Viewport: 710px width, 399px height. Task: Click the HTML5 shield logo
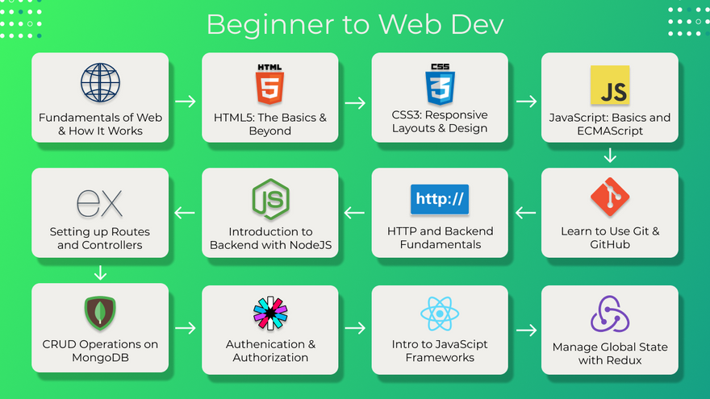[269, 84]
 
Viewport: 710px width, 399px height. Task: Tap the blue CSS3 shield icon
[440, 84]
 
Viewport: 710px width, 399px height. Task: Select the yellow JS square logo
[610, 85]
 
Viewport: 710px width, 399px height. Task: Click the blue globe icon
[100, 83]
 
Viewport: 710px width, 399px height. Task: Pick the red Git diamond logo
[610, 197]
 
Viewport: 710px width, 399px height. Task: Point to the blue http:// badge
[440, 199]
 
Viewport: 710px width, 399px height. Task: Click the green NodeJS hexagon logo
[270, 199]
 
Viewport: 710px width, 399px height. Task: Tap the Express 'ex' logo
[99, 203]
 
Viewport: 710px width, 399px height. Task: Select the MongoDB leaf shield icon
[100, 313]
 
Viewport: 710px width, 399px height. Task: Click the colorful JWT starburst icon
[270, 313]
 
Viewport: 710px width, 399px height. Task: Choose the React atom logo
[440, 314]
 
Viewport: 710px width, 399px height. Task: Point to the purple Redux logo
[610, 314]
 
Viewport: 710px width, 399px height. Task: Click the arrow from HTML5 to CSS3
[355, 102]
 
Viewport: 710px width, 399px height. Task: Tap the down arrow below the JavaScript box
[610, 155]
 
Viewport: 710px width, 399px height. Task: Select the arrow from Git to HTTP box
[525, 212]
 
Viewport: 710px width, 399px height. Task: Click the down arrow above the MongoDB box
[100, 272]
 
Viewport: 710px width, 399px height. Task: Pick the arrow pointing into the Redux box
[526, 330]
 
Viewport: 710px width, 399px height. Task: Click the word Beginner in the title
[270, 25]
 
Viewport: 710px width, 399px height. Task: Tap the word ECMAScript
[610, 131]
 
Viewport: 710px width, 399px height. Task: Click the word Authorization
[270, 357]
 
